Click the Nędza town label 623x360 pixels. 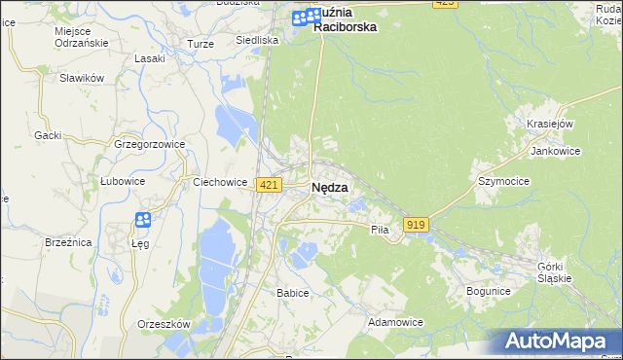[x=330, y=189]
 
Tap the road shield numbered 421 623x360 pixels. [x=270, y=185]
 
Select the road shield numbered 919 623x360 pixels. [x=417, y=225]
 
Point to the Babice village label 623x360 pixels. [x=292, y=293]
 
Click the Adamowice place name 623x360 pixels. [x=395, y=321]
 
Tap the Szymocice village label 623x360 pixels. [x=502, y=181]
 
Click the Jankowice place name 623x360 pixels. [x=555, y=152]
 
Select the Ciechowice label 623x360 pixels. [x=219, y=181]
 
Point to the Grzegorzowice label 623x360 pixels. [x=149, y=144]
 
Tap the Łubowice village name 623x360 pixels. [x=123, y=181]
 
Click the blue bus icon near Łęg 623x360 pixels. [x=143, y=221]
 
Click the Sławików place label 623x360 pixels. [x=81, y=78]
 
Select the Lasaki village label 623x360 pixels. [x=150, y=58]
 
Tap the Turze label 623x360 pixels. [x=201, y=45]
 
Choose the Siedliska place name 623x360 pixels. [x=257, y=41]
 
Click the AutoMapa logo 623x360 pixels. [x=557, y=342]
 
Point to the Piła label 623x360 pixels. [x=380, y=230]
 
